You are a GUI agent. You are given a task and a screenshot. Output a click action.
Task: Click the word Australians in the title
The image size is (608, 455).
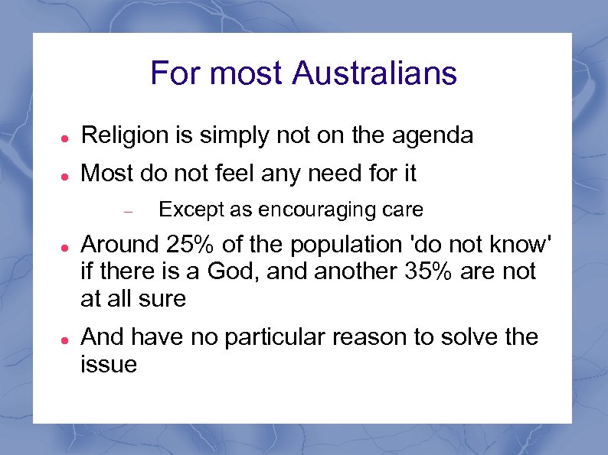pos(374,73)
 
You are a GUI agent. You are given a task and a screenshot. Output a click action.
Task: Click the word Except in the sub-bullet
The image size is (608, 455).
pos(188,210)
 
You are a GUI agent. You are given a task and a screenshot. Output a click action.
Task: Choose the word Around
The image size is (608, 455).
pos(118,245)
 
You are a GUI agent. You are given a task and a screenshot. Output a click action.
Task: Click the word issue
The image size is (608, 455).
pos(108,364)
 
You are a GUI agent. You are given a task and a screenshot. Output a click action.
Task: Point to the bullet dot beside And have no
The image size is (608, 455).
pos(67,338)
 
